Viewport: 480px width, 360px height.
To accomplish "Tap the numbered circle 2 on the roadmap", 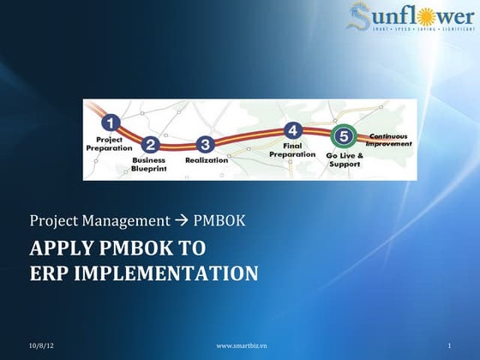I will coord(151,145).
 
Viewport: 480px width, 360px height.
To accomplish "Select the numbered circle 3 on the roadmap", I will coord(204,144).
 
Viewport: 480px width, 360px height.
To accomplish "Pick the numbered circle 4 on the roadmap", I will coord(293,130).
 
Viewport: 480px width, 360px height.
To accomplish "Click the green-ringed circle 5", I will coord(344,136).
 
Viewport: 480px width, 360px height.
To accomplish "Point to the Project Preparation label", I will coord(109,143).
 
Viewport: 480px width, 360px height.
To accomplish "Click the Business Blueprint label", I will coord(149,165).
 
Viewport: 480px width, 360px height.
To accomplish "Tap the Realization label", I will coord(207,159).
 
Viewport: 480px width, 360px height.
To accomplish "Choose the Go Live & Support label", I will coord(345,159).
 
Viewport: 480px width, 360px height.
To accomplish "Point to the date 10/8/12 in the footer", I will coord(40,345).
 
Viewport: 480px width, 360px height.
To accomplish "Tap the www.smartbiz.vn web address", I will coord(241,345).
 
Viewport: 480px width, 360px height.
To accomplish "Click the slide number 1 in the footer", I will coord(449,345).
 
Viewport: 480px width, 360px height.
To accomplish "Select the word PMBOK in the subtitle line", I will coord(219,220).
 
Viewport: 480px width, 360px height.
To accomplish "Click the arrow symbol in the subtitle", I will coord(181,220).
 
